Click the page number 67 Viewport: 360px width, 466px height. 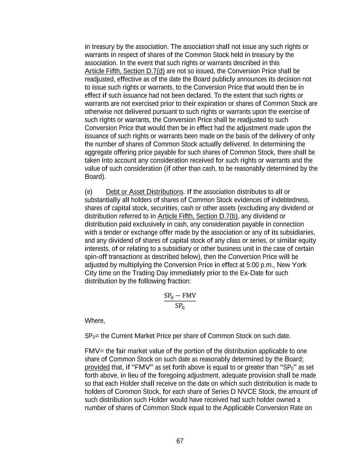point(180,441)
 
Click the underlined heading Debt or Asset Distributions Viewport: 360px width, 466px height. point(145,192)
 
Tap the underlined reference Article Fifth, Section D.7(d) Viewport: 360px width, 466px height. point(125,71)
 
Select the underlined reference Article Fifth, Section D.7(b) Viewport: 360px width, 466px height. point(198,216)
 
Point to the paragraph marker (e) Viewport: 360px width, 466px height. point(88,192)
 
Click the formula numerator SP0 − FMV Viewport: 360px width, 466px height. point(180,296)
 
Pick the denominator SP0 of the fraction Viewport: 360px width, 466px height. point(180,306)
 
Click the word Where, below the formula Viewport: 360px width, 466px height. point(95,321)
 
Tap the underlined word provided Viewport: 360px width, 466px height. point(97,367)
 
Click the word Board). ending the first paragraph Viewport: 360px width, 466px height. point(95,176)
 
